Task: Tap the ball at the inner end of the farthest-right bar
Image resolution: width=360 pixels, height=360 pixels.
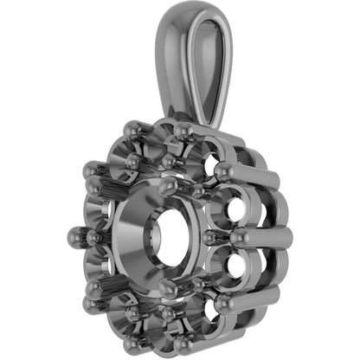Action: pos(235,235)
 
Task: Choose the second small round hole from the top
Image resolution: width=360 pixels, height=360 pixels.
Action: pos(232,208)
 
